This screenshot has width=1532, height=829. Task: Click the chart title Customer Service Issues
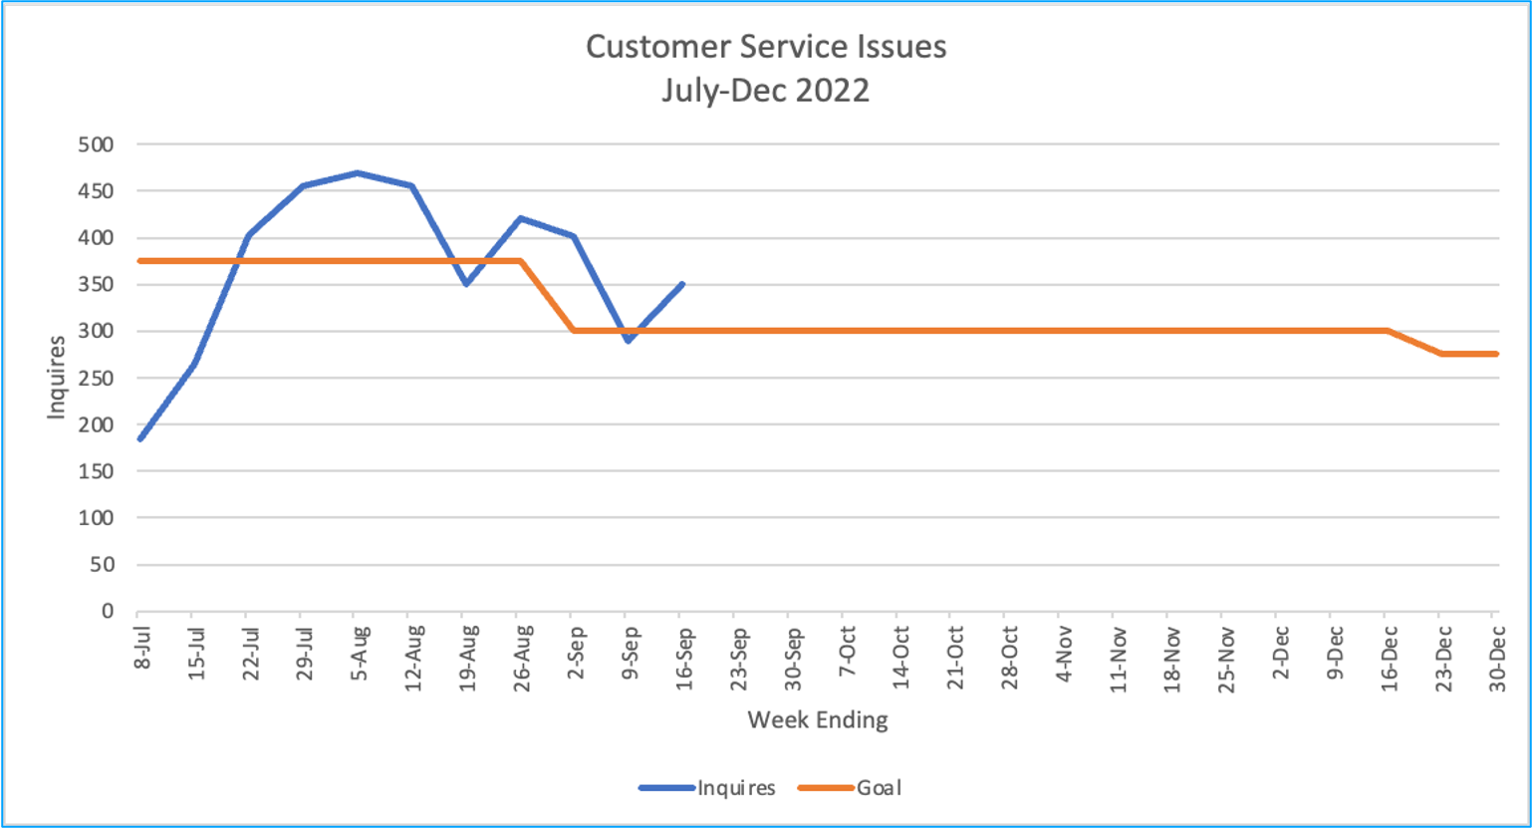click(765, 47)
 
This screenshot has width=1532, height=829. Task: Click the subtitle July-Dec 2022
click(765, 91)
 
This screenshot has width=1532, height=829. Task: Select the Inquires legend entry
click(735, 788)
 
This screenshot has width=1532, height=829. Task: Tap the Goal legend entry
click(878, 788)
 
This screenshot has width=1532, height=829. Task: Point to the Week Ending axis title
click(817, 719)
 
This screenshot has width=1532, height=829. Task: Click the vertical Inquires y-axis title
click(56, 378)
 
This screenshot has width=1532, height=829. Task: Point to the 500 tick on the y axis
click(96, 144)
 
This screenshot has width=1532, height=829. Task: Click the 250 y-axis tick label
click(96, 379)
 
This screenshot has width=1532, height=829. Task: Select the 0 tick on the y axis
click(107, 612)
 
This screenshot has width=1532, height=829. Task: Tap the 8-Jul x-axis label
click(143, 648)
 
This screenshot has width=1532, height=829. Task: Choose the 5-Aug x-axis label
click(361, 653)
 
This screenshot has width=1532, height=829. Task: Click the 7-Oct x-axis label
click(848, 653)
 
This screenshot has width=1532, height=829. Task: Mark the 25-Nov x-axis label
click(1226, 657)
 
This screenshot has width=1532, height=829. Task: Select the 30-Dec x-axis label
click(1496, 657)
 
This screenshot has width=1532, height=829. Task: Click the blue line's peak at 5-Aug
click(356, 173)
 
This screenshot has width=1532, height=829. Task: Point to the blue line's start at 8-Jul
click(139, 439)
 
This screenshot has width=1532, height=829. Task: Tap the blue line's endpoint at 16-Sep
click(681, 284)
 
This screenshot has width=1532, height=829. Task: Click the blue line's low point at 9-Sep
click(628, 341)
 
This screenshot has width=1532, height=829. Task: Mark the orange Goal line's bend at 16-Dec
click(1388, 331)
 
